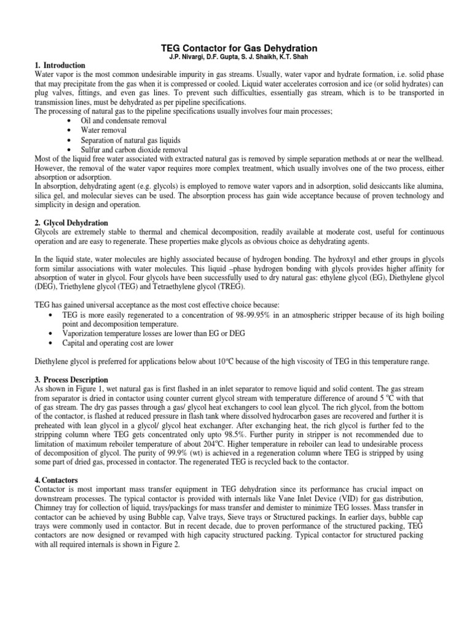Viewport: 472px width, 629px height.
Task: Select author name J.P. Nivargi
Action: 181,58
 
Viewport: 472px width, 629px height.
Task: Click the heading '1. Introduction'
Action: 60,66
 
